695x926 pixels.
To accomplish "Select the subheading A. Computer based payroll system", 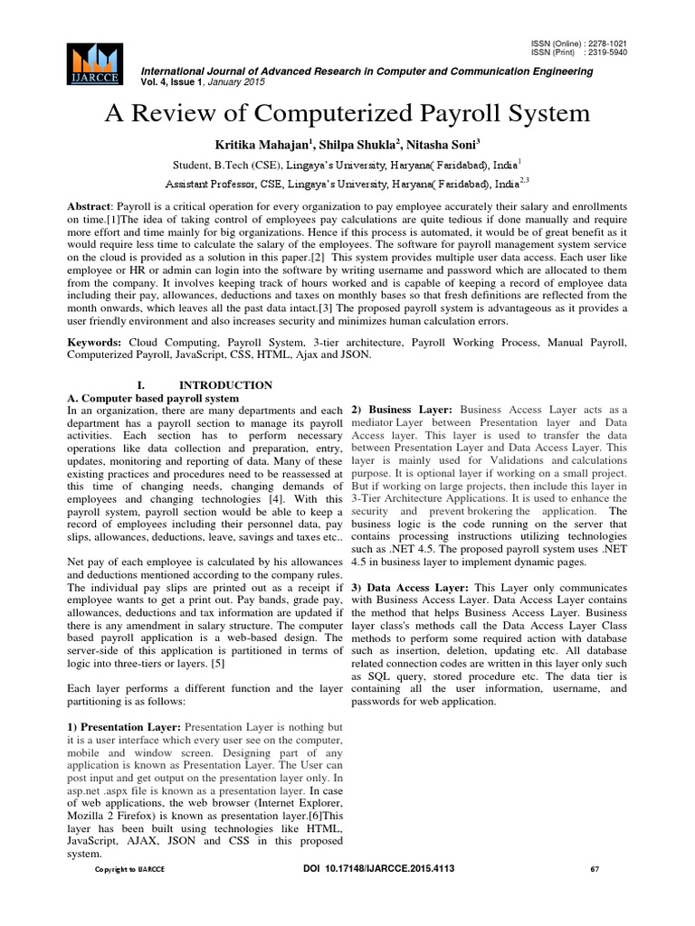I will (154, 398).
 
